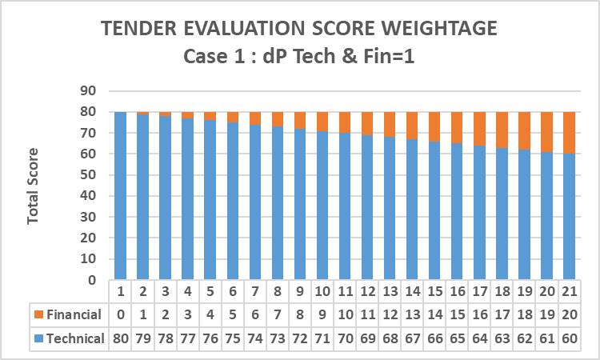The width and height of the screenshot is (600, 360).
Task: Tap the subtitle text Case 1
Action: click(x=214, y=56)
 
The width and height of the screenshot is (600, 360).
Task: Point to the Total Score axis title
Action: click(x=33, y=186)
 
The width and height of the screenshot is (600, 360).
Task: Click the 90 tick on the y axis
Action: click(x=88, y=91)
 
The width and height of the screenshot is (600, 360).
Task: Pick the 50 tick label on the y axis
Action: click(x=88, y=175)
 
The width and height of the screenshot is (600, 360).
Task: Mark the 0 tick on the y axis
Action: click(x=92, y=280)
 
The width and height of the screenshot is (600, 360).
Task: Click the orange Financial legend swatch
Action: click(x=38, y=314)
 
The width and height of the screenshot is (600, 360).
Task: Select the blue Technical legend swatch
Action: click(x=38, y=338)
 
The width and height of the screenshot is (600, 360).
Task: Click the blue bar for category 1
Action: click(x=120, y=196)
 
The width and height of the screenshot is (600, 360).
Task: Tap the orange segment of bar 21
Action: click(x=569, y=133)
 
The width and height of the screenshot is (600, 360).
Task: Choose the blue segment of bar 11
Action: click(x=345, y=206)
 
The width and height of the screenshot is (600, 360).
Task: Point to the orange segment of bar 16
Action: click(x=457, y=128)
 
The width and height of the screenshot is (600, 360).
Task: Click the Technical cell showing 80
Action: click(x=120, y=338)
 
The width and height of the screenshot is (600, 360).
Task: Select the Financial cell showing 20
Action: click(x=570, y=314)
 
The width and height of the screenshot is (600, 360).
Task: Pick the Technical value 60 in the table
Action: click(x=570, y=338)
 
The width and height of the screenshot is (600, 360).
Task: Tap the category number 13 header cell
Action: click(x=390, y=291)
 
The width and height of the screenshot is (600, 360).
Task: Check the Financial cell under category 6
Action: click(x=233, y=314)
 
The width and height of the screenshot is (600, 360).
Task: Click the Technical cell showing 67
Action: click(x=413, y=338)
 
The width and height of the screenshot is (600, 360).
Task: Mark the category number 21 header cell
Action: click(x=570, y=291)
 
